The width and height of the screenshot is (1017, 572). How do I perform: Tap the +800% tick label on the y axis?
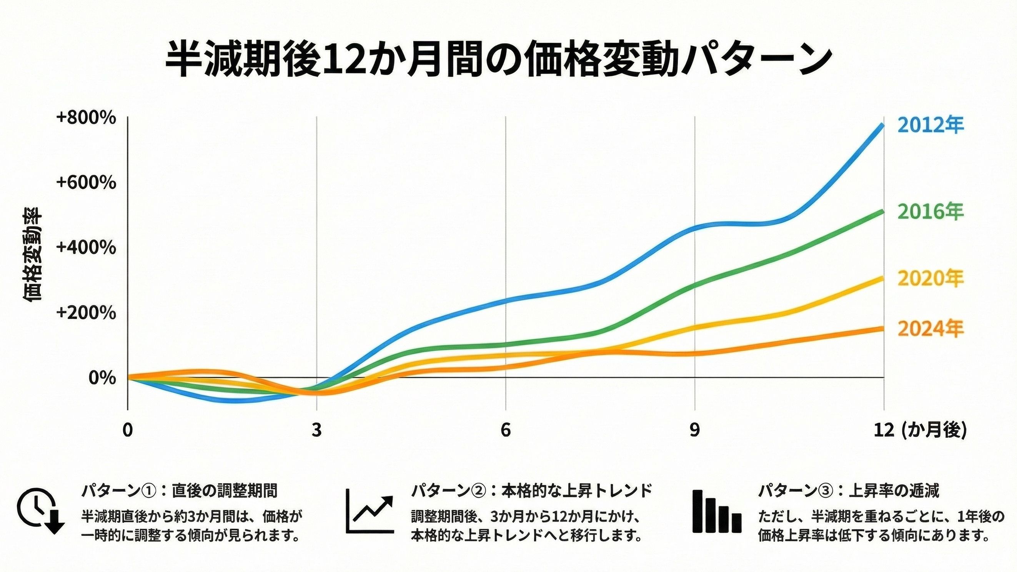(86, 118)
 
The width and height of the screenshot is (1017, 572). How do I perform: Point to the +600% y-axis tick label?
(86, 182)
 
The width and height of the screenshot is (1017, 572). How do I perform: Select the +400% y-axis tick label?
(86, 248)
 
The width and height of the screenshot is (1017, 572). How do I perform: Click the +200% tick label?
(86, 313)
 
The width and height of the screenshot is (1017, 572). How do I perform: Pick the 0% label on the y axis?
(102, 378)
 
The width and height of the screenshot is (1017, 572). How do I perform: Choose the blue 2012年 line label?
(930, 125)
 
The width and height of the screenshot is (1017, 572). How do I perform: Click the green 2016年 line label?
(930, 212)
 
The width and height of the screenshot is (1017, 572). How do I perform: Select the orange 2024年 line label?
(930, 329)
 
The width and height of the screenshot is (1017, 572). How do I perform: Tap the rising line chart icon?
(370, 511)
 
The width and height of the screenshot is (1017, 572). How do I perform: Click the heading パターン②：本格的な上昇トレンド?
(531, 491)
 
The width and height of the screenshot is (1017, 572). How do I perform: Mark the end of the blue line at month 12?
(883, 126)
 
